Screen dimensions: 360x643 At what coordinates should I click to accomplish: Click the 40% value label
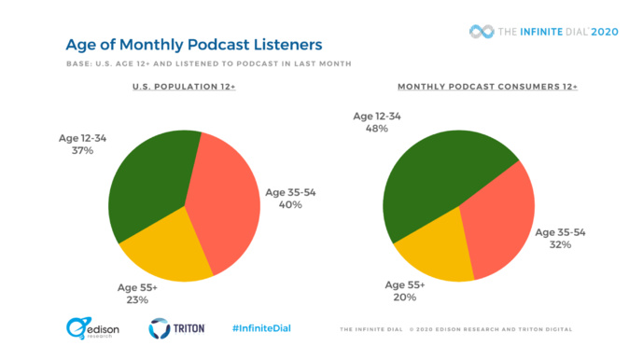coord(289,204)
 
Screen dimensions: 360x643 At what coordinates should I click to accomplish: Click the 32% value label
coord(558,247)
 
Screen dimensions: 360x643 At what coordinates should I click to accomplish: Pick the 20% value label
coord(405,298)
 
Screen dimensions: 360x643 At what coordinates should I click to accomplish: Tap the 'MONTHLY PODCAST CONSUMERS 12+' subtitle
coord(487,87)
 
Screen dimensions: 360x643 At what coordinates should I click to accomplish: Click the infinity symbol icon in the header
coord(481,31)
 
